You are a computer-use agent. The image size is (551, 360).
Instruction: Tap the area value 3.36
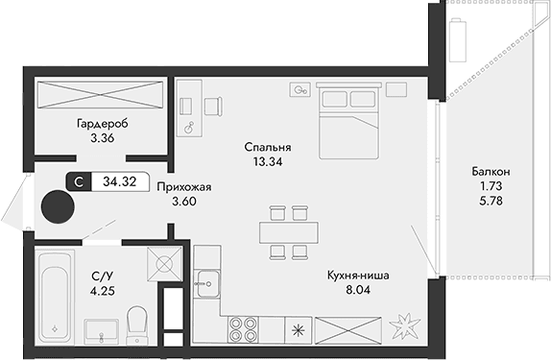[102, 139]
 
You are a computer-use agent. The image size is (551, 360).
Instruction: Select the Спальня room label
[268, 147]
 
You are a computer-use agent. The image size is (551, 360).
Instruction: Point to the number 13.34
[268, 162]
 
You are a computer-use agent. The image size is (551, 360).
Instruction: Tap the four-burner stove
[243, 328]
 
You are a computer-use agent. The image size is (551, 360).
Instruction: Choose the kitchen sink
[205, 280]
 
